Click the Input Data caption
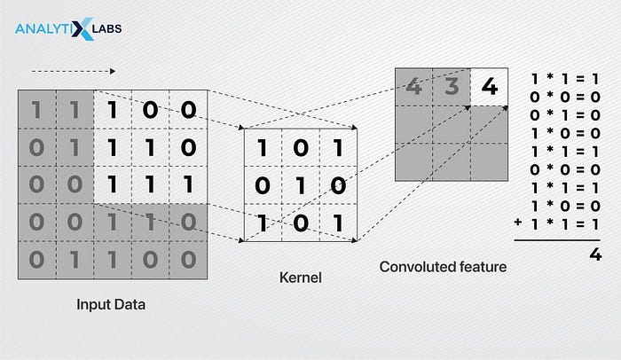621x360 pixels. pos(111,306)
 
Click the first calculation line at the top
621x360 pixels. pos(563,79)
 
